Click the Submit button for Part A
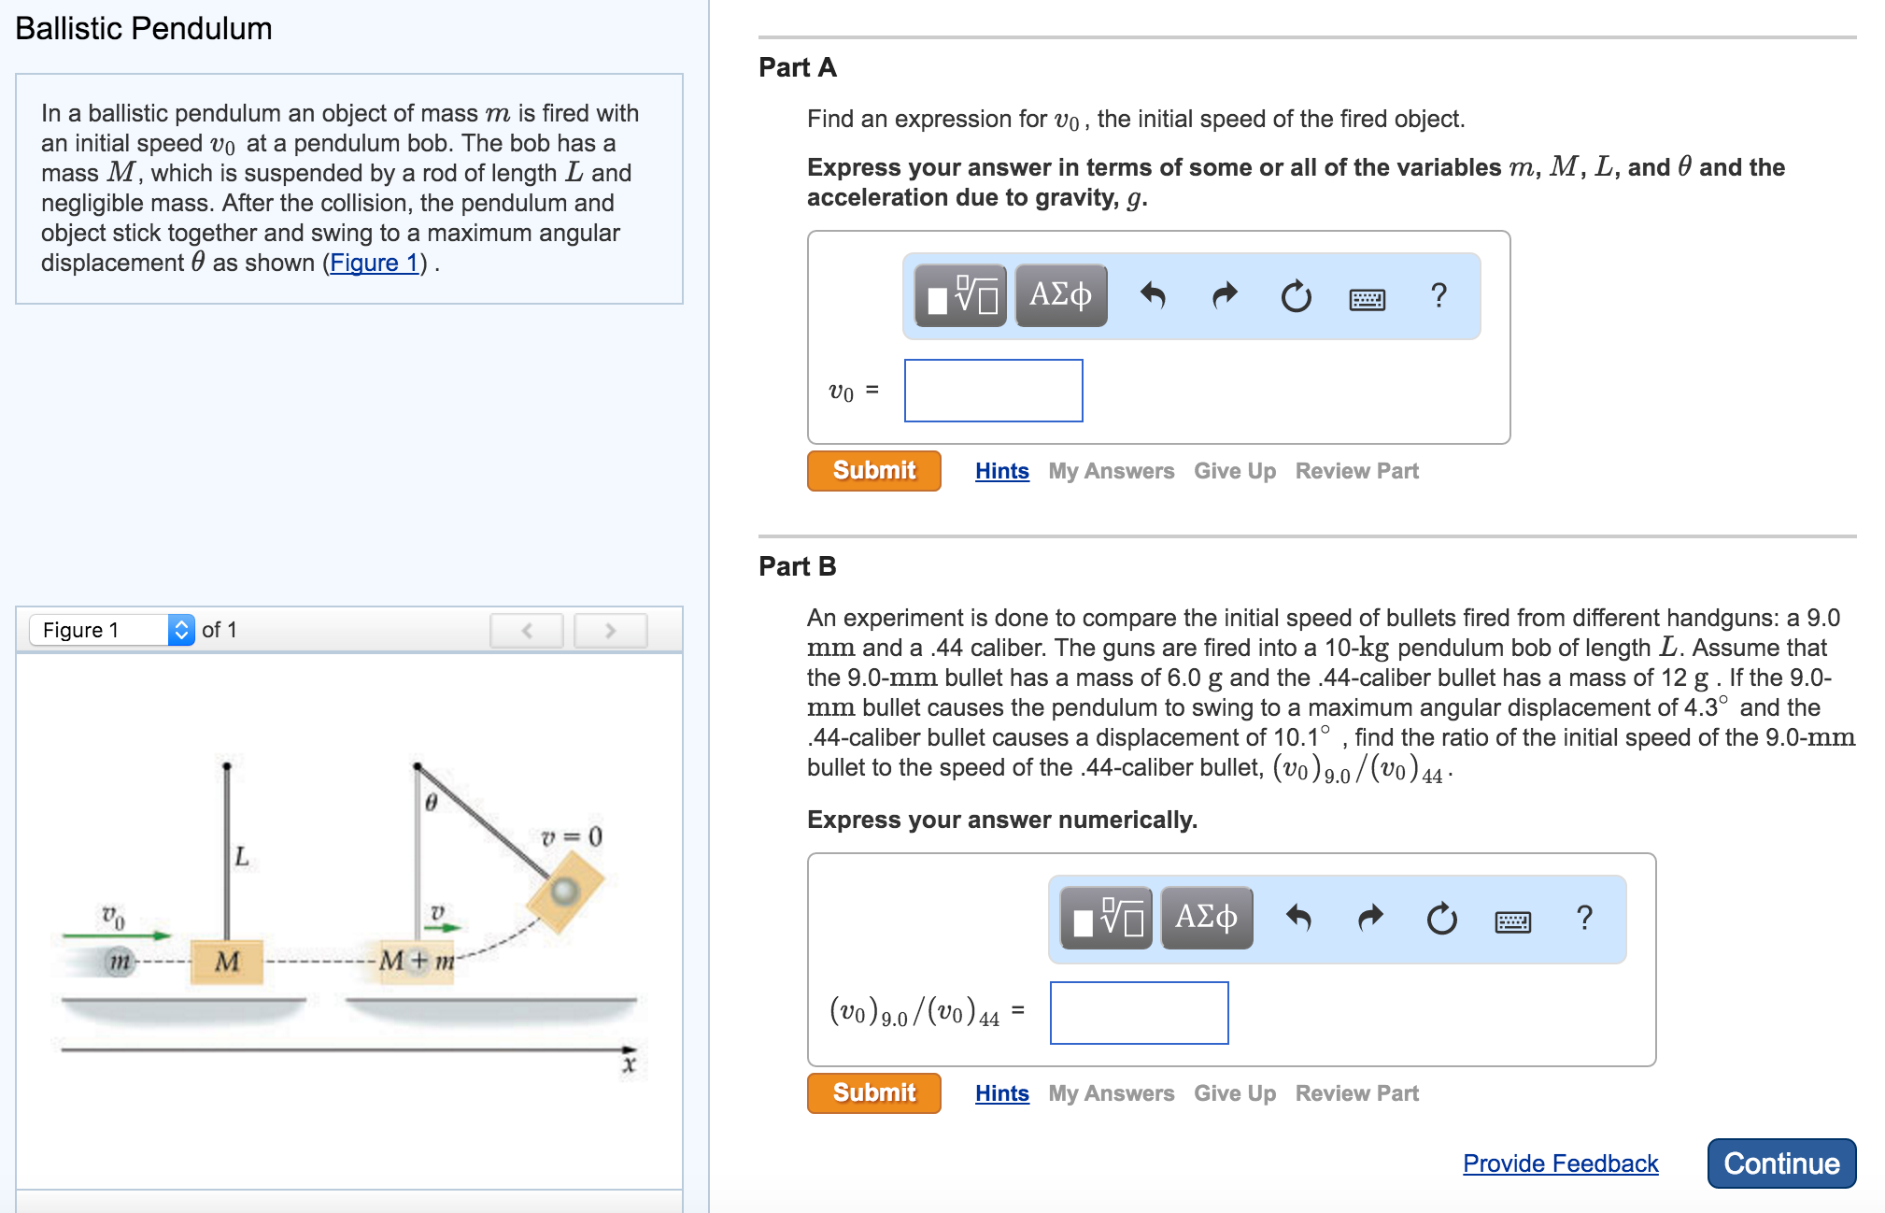[873, 470]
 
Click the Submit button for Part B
[873, 1092]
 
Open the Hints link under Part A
[1001, 471]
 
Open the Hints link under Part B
[1001, 1093]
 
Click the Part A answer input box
[993, 391]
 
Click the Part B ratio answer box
[1139, 1013]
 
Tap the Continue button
[1780, 1163]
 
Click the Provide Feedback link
[1560, 1163]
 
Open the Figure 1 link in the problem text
[374, 263]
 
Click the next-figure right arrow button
[610, 631]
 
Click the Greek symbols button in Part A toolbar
[1060, 295]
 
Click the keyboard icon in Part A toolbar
[1367, 299]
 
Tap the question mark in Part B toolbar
[1584, 918]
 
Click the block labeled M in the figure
[227, 962]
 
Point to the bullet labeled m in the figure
[119, 962]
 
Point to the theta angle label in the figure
[431, 803]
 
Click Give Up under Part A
[1234, 471]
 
